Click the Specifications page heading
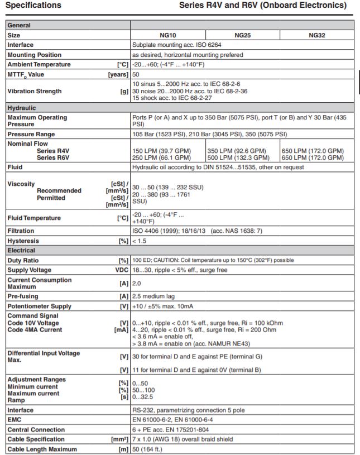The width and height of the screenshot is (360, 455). point(33,6)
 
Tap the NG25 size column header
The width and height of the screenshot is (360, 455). point(242,35)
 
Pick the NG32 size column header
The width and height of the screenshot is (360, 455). point(316,35)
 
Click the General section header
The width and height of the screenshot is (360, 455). point(19,25)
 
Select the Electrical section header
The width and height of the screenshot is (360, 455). point(21,251)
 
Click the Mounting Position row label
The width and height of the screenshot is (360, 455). point(35,55)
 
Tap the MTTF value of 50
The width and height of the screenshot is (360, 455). point(136,74)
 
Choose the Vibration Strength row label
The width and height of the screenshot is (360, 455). point(35,91)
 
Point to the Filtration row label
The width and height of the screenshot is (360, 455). point(21,231)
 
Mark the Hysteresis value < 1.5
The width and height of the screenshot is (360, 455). point(140,241)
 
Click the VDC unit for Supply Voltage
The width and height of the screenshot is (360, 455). point(122,270)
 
